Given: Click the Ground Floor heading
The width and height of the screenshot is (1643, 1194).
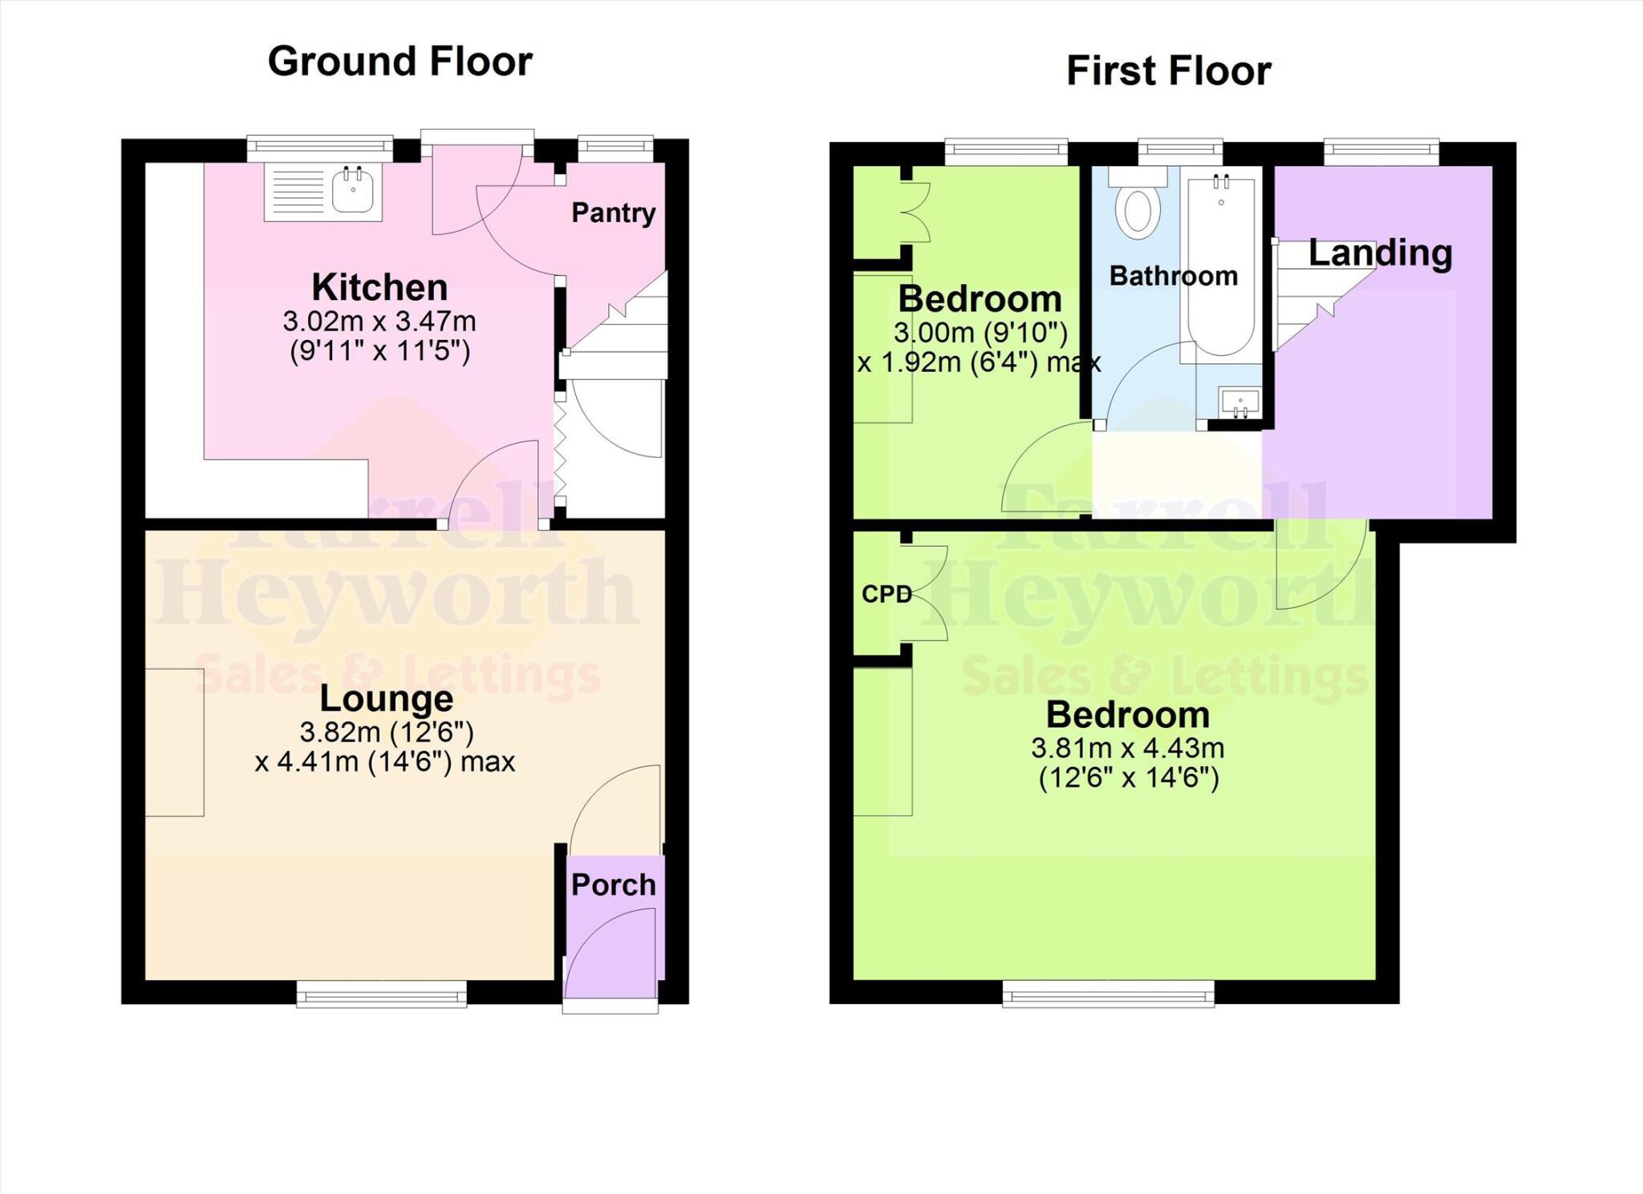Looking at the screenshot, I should tap(400, 62).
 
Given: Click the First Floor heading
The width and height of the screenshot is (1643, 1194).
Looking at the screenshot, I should tap(1168, 71).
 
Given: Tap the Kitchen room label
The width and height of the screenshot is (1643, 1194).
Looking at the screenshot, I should tap(379, 286).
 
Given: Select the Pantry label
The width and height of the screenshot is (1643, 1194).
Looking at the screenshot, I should tap(613, 212).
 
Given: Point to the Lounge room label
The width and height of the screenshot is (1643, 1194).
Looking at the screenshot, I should tap(386, 698).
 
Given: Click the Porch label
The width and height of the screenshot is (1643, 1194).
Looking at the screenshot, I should tap(613, 884).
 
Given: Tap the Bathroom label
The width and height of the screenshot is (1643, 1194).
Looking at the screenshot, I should tap(1173, 276).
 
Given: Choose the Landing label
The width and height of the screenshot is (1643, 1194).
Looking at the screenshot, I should tap(1380, 253).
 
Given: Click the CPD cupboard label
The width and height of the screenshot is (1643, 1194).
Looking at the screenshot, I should tap(886, 593).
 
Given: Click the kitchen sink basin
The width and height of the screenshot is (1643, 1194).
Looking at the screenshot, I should tap(353, 192).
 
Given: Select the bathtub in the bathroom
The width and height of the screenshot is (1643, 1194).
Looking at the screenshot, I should tap(1221, 265).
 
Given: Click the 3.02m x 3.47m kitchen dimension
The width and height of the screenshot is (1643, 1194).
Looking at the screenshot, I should tap(379, 322).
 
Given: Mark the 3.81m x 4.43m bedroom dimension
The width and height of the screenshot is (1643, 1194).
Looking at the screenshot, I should tap(1127, 748).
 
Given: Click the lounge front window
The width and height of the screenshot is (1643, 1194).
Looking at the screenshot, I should tap(381, 995).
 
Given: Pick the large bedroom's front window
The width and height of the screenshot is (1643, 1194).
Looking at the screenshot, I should tap(1108, 996).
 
